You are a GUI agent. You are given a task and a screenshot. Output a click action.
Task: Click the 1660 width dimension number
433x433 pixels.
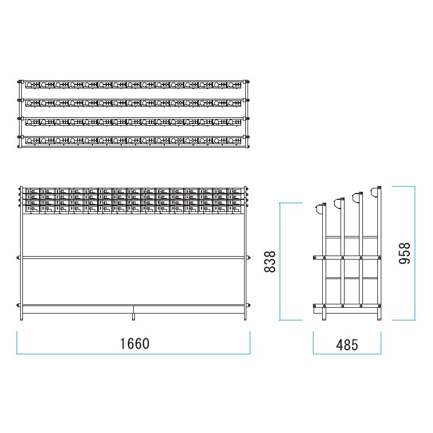click(x=135, y=344)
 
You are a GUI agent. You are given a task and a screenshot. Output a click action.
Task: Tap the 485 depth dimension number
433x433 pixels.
click(x=347, y=345)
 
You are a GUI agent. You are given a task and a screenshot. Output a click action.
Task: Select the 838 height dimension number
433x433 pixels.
click(x=270, y=261)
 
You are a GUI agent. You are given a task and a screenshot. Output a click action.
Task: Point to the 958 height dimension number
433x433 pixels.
click(x=405, y=253)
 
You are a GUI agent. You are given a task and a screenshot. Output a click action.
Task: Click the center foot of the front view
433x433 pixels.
click(x=133, y=317)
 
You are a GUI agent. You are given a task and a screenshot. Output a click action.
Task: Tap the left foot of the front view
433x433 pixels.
click(x=22, y=317)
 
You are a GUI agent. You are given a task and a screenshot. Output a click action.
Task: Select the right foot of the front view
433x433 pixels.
click(x=245, y=317)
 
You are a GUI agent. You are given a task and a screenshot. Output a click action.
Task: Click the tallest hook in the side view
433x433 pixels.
click(x=374, y=192)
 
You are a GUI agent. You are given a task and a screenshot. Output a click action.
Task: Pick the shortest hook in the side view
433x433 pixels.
click(x=319, y=209)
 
